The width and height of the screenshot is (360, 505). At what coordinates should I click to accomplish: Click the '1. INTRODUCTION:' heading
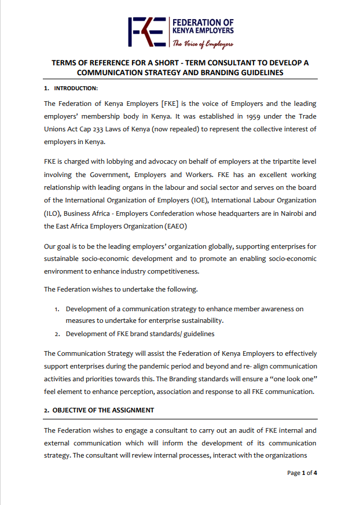(x=71, y=88)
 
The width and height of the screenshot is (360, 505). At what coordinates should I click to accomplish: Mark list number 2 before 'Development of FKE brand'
(x=57, y=334)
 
